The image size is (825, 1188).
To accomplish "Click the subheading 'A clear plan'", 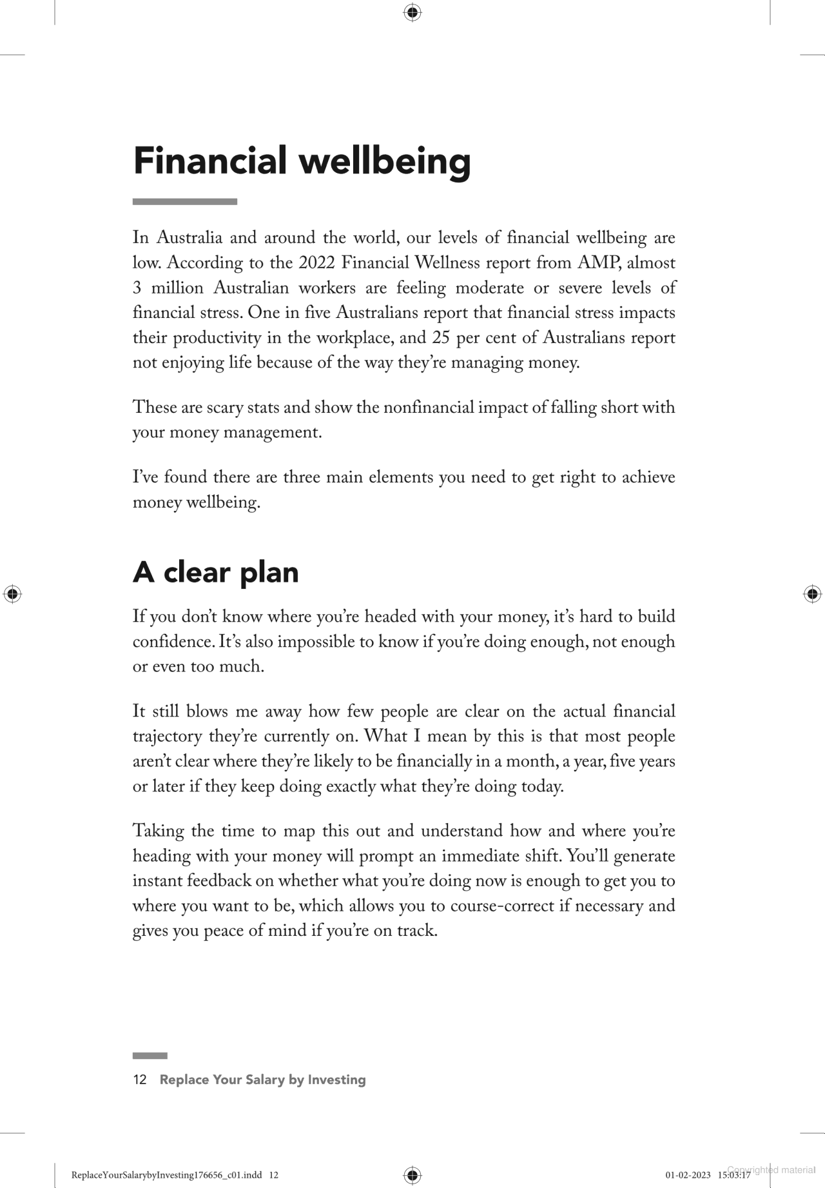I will pyautogui.click(x=215, y=572).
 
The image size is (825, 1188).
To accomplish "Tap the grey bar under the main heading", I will pyautogui.click(x=185, y=202).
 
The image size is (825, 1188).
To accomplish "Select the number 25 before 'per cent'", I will pyautogui.click(x=441, y=338).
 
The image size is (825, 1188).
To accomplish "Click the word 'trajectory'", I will pyautogui.click(x=167, y=737).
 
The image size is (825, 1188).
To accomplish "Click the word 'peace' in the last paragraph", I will pyautogui.click(x=224, y=931).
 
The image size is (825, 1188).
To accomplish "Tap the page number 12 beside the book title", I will pyautogui.click(x=140, y=1080).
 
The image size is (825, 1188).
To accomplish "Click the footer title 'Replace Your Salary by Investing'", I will pyautogui.click(x=262, y=1080).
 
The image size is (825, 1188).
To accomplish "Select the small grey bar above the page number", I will pyautogui.click(x=150, y=1056).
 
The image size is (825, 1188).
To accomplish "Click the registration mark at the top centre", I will pyautogui.click(x=412, y=12).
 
